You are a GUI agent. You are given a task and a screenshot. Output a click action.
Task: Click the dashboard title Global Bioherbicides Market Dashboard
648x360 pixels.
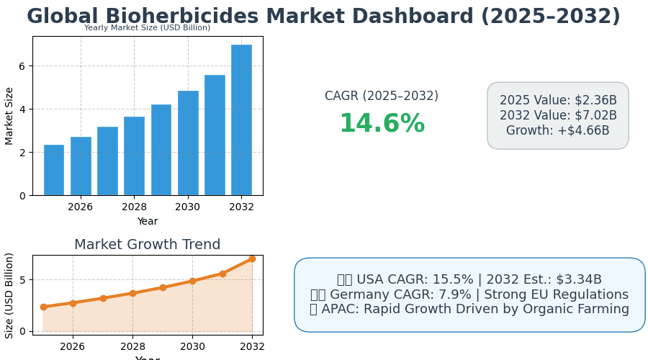[x=323, y=17]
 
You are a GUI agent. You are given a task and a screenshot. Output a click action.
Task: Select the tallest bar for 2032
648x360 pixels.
[x=241, y=120]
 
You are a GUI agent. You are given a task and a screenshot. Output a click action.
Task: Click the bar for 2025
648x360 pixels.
[x=53, y=170]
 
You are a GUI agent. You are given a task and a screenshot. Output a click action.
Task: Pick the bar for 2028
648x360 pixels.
[x=134, y=156]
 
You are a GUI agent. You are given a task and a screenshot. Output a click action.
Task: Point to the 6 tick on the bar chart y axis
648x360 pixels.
[x=22, y=66]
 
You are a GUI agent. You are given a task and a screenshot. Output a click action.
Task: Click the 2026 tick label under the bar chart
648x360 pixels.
[x=80, y=207]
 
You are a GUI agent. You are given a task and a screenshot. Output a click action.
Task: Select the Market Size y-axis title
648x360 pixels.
[x=9, y=115]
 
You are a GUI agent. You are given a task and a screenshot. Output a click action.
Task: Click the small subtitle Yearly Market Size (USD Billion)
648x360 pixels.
[x=147, y=28]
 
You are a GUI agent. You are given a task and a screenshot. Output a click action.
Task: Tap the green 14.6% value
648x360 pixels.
[x=382, y=124]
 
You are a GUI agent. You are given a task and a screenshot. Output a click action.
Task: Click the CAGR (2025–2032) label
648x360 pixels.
[x=382, y=96]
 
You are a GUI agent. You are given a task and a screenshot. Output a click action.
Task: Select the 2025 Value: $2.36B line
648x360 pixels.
[x=558, y=100]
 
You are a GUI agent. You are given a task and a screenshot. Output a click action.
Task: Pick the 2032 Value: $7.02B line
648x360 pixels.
[x=558, y=115]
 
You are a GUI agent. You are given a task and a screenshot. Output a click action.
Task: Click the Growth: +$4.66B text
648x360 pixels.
[x=558, y=130]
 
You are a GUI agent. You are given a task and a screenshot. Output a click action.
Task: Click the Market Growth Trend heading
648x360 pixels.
[x=147, y=245]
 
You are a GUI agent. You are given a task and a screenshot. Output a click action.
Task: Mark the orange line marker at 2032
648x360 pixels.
[x=252, y=258]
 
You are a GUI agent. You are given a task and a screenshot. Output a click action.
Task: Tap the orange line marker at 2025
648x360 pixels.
[x=43, y=307]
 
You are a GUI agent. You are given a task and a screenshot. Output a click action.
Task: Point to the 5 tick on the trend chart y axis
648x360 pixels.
[x=22, y=280]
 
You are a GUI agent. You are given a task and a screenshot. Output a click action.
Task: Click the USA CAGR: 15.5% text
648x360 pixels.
[x=413, y=279]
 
